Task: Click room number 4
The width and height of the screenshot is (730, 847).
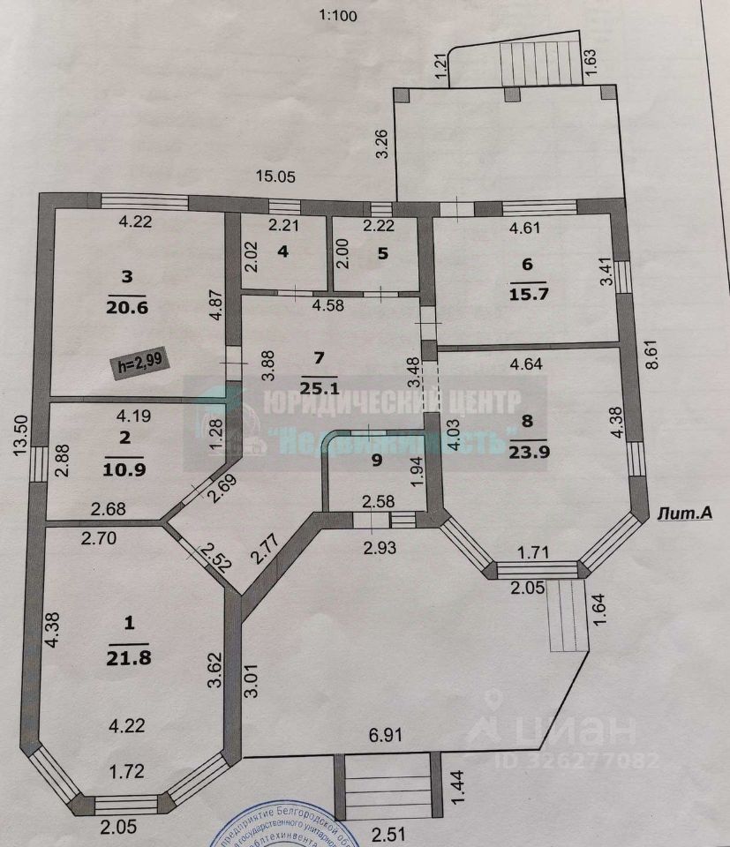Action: (282, 251)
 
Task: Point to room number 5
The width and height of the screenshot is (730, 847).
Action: (382, 253)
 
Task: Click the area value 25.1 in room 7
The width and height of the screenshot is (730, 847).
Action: (320, 386)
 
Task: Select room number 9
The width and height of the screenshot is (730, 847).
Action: (377, 459)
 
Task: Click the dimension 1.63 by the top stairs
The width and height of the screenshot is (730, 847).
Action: (591, 62)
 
